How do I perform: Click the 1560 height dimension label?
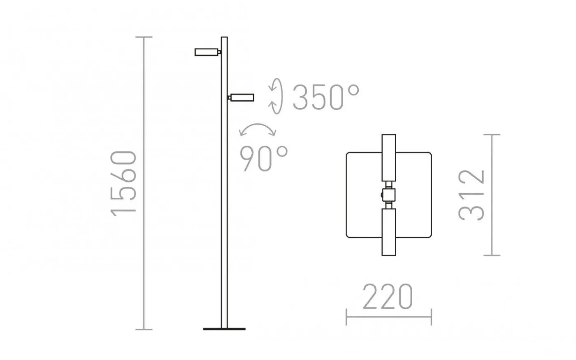pyautogui.click(x=123, y=183)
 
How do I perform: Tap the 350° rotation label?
pyautogui.click(x=326, y=97)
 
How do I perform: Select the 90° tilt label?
pyautogui.click(x=264, y=158)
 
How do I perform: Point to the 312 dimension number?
pyautogui.click(x=471, y=195)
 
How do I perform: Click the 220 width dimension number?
pyautogui.click(x=388, y=297)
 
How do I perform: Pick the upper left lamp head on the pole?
pyautogui.click(x=207, y=52)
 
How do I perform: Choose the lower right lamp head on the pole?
pyautogui.click(x=242, y=98)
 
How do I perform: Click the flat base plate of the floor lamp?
pyautogui.click(x=224, y=329)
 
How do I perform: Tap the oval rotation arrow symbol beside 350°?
pyautogui.click(x=276, y=96)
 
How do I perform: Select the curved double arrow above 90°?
pyautogui.click(x=258, y=125)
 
